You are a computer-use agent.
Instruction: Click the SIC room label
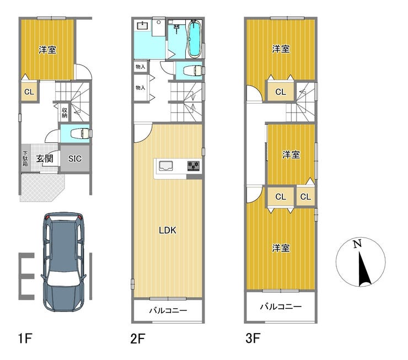(x=75, y=159)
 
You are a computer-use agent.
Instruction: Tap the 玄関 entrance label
(x=45, y=158)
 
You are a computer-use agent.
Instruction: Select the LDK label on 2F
(x=168, y=230)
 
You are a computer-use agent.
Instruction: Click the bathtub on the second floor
(x=194, y=39)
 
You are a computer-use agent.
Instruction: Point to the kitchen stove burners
(x=194, y=166)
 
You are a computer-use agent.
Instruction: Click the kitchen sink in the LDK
(x=166, y=166)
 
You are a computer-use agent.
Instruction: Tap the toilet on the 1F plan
(x=81, y=134)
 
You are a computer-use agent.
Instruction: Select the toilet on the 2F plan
(x=194, y=71)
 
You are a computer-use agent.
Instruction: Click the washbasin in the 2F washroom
(x=142, y=26)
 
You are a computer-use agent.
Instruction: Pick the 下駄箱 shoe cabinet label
(x=25, y=159)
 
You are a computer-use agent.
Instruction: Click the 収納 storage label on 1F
(x=65, y=113)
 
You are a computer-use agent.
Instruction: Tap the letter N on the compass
(x=357, y=244)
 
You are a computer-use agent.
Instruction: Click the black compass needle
(x=363, y=270)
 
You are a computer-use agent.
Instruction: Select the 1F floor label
(x=25, y=338)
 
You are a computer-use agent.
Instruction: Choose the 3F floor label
(x=253, y=338)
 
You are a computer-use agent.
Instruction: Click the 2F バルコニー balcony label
(x=168, y=310)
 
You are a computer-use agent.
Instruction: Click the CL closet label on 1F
(x=29, y=92)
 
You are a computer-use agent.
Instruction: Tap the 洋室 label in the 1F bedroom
(x=47, y=50)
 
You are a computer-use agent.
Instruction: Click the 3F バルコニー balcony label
(x=281, y=307)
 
